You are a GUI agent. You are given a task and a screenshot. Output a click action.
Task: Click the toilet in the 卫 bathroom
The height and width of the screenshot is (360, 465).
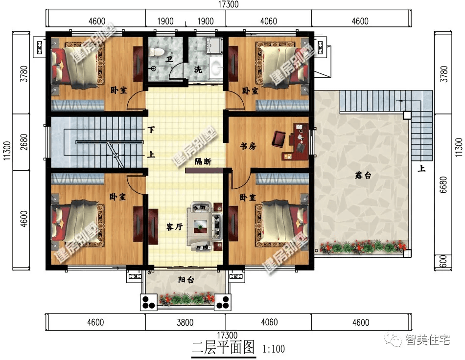(x=156, y=52)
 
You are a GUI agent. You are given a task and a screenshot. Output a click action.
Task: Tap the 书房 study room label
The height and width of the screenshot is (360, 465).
(x=248, y=146)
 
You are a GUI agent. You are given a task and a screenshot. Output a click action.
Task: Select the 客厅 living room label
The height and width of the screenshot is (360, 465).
(x=174, y=227)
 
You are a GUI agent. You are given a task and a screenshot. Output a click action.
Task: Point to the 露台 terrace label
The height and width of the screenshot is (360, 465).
(x=363, y=176)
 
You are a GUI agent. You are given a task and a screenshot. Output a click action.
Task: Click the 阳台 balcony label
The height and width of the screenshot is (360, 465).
(x=186, y=280)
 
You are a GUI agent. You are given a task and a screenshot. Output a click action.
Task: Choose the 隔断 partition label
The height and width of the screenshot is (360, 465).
(x=203, y=162)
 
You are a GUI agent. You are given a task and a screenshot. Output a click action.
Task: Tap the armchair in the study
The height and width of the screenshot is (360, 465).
(x=279, y=138)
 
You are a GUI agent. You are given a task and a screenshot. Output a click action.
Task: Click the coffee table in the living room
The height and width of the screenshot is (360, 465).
(x=201, y=226)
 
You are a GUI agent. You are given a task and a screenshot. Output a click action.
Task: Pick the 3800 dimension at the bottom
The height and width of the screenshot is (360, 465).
(x=185, y=322)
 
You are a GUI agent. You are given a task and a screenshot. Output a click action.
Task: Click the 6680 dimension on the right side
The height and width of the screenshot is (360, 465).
(x=443, y=185)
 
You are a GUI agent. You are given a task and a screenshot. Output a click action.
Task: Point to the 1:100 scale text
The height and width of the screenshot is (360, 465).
(x=274, y=349)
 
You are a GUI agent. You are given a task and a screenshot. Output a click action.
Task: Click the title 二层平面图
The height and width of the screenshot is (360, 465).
(x=223, y=347)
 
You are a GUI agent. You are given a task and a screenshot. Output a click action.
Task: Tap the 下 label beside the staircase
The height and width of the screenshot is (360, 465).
(x=151, y=130)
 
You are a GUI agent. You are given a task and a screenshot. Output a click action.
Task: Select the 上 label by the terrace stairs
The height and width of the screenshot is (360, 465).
(x=421, y=169)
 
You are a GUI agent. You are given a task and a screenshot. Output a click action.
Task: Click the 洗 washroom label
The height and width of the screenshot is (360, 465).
(x=198, y=69)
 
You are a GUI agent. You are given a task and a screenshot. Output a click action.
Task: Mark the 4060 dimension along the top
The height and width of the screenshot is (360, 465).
(x=269, y=22)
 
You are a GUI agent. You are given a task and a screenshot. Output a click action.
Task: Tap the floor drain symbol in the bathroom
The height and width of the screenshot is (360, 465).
(x=153, y=69)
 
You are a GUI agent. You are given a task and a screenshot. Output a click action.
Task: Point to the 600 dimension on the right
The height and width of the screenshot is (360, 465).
(x=443, y=262)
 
